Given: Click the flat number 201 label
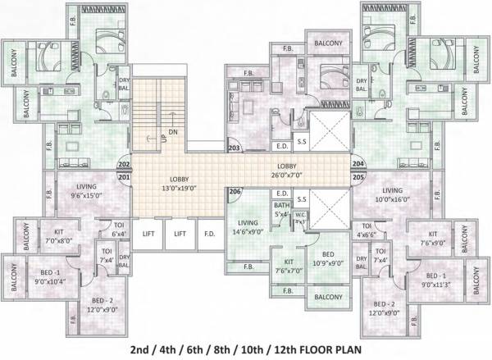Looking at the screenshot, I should coord(125,176).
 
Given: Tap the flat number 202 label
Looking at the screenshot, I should coord(125,164).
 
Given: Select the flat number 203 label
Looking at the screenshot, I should coord(234,148).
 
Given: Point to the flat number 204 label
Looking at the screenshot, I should coord(358,164).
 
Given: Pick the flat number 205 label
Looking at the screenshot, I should coord(358,176).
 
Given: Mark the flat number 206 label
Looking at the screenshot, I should coord(235,192).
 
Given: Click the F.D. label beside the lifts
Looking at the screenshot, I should coord(209,233).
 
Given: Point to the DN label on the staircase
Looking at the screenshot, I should coord(172,131).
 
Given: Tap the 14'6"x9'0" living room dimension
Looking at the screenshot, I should coord(248,231).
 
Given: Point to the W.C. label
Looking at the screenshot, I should coord(300,215).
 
